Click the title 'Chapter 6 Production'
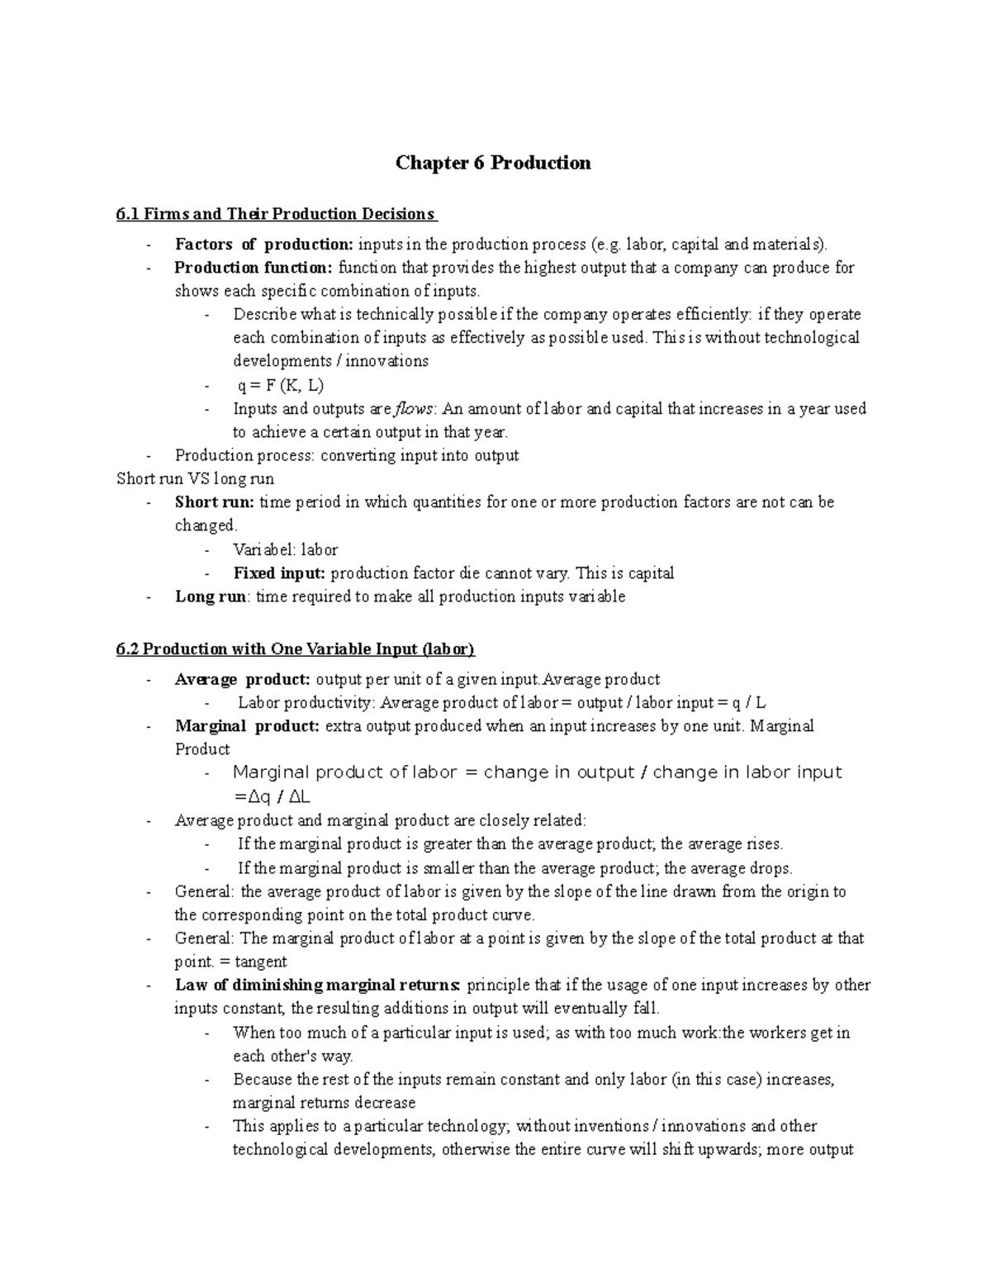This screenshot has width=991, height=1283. click(493, 163)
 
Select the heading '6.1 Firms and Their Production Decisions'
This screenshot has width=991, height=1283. click(276, 215)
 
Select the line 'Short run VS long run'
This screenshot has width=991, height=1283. click(196, 479)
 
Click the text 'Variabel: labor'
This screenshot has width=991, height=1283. click(286, 550)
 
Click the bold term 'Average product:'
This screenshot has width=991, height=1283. click(243, 680)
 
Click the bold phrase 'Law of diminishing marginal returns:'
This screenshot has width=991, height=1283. click(318, 986)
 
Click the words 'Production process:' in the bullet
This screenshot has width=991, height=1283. click(245, 455)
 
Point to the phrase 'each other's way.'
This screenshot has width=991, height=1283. click(293, 1056)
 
